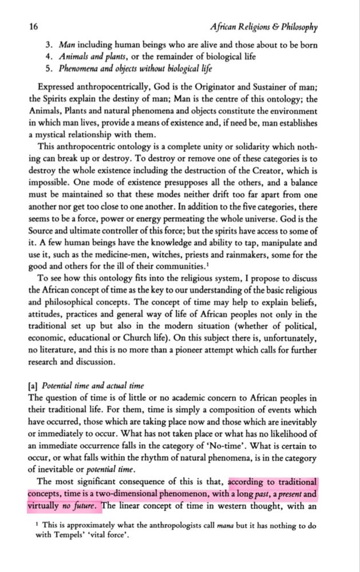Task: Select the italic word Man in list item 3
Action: tap(68, 45)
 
